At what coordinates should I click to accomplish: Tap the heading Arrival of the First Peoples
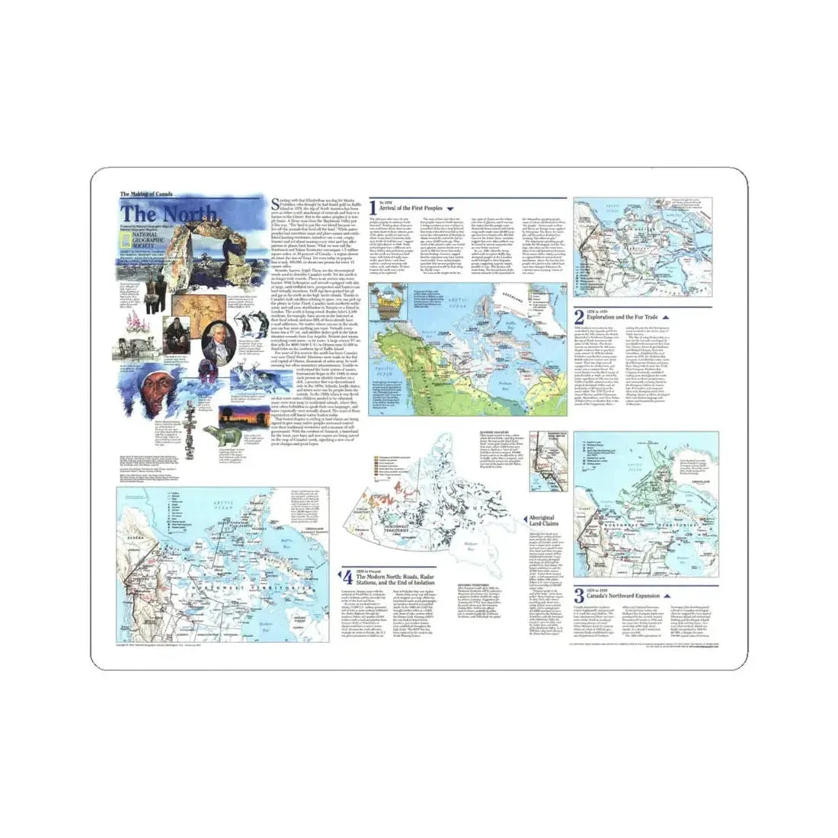pyautogui.click(x=410, y=207)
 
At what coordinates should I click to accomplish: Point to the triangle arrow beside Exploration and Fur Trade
pyautogui.click(x=666, y=316)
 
